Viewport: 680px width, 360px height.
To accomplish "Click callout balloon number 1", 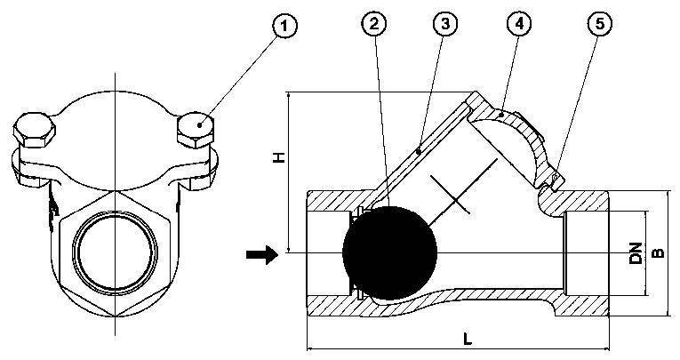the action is [284, 26].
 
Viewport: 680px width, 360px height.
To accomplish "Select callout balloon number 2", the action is [374, 23].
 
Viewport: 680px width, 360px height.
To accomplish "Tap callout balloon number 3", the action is [446, 23].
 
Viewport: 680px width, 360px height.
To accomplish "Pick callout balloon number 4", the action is [519, 23].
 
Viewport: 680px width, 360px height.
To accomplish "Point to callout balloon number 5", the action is [599, 23].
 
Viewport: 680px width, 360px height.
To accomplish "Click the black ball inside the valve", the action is [390, 252].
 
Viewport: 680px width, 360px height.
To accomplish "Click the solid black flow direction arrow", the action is [261, 254].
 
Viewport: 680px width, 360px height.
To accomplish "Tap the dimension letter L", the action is [467, 340].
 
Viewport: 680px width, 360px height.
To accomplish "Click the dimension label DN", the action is [636, 252].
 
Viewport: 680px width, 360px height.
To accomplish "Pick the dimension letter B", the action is [659, 252].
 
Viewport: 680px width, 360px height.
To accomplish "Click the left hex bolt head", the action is [35, 130].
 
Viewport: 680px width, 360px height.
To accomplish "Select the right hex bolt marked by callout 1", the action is [196, 130].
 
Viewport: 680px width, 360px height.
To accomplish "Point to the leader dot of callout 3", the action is [419, 151].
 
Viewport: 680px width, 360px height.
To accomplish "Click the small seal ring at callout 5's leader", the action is [555, 178].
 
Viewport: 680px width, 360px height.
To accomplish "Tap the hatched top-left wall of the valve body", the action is [338, 201].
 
